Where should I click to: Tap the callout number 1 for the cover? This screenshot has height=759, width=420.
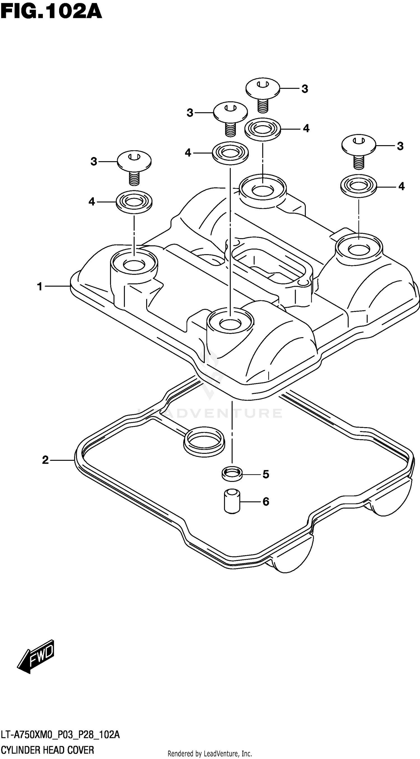(x=40, y=286)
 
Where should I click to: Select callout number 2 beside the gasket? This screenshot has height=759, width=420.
(x=45, y=460)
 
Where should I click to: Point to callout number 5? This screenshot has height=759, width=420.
(x=266, y=474)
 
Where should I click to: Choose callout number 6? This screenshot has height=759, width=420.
(x=266, y=501)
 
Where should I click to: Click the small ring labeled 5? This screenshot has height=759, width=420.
(x=232, y=474)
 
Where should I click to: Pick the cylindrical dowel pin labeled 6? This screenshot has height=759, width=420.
(x=232, y=501)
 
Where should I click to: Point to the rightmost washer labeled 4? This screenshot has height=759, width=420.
(x=358, y=186)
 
